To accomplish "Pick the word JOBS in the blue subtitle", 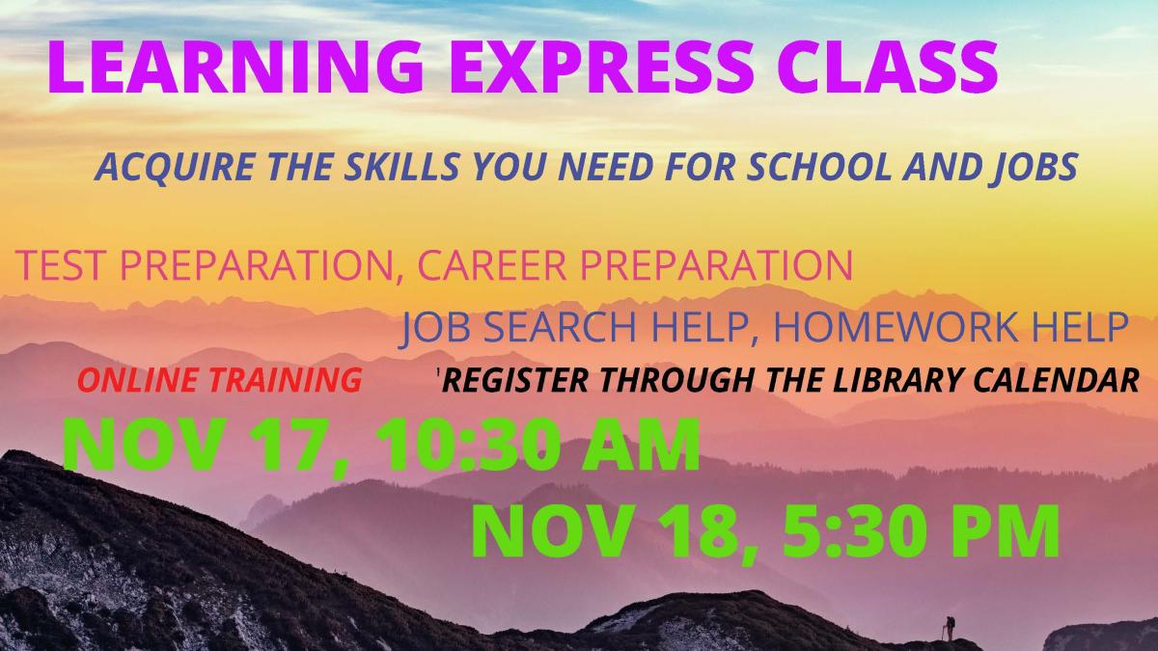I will pyautogui.click(x=1041, y=169).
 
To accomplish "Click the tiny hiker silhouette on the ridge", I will pyautogui.click(x=950, y=628).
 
